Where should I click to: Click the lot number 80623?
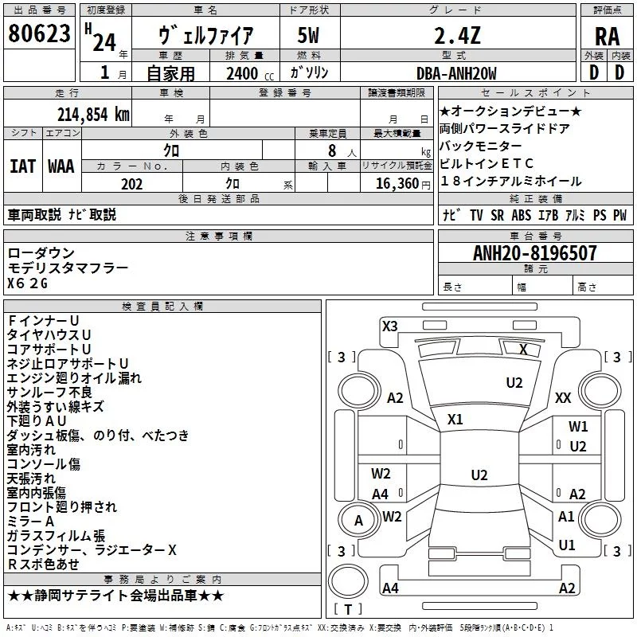pyautogui.click(x=39, y=33)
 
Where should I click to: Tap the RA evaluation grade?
pyautogui.click(x=608, y=37)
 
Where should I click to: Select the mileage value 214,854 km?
pyautogui.click(x=93, y=115)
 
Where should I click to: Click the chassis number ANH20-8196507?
pyautogui.click(x=535, y=253)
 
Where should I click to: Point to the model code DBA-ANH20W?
pyautogui.click(x=456, y=73)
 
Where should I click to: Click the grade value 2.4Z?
pyautogui.click(x=457, y=36)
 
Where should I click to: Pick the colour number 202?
pyautogui.click(x=131, y=184)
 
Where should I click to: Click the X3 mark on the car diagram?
pyautogui.click(x=389, y=326)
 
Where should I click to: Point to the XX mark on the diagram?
pyautogui.click(x=563, y=397)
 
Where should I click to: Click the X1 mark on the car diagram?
pyautogui.click(x=455, y=420)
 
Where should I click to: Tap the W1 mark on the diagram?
pyautogui.click(x=578, y=427)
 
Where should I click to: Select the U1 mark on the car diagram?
pyautogui.click(x=567, y=545)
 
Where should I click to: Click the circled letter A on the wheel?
pyautogui.click(x=358, y=521)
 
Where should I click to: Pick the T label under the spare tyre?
pyautogui.click(x=348, y=609)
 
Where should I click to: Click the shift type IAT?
pyautogui.click(x=23, y=166)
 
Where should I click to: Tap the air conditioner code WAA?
pyautogui.click(x=61, y=166)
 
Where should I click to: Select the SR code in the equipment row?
pyautogui.click(x=497, y=215)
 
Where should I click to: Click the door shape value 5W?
pyautogui.click(x=308, y=36)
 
